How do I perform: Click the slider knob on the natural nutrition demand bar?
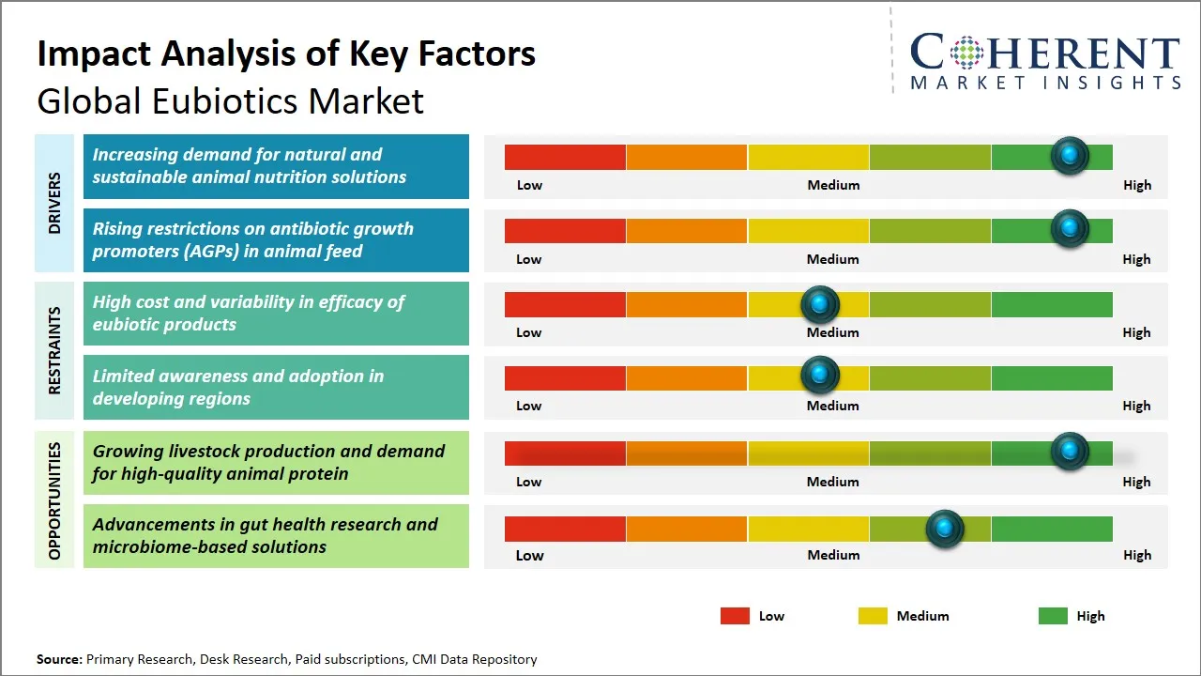pos(1069,156)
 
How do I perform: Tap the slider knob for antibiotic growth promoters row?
pos(1069,229)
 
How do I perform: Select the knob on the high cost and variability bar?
pos(820,304)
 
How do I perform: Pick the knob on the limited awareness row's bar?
pos(820,376)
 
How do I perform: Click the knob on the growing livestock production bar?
pos(1069,452)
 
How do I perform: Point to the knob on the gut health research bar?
pos(945,530)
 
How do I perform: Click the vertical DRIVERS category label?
pos(54,203)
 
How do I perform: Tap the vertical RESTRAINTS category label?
pos(54,350)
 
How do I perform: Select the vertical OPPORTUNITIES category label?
pos(54,500)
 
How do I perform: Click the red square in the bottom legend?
pos(735,616)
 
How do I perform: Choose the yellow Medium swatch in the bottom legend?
pos(873,616)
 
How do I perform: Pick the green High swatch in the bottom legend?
pos(1053,616)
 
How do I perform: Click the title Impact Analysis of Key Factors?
pos(286,54)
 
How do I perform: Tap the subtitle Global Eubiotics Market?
pos(230,100)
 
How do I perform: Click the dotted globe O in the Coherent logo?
pos(965,53)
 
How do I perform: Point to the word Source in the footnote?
pos(59,659)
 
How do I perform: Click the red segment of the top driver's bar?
pos(565,157)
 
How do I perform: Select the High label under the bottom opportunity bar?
pos(1136,555)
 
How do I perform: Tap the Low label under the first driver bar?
pos(529,185)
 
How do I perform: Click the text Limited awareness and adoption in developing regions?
pos(237,387)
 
